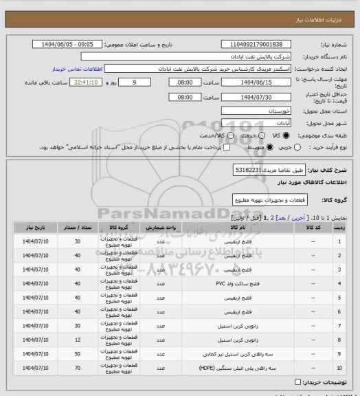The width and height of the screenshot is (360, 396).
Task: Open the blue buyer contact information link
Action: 77,69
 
